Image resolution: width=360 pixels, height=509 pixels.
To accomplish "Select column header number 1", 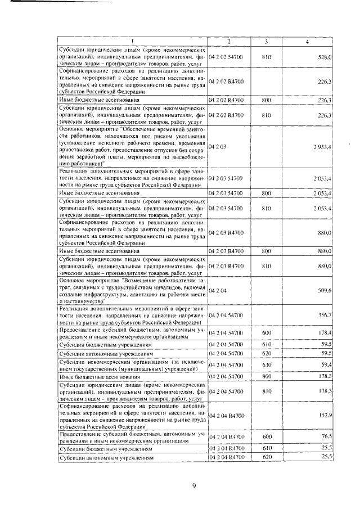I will tap(132, 42).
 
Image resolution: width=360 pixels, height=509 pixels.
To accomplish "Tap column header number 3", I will tap(266, 42).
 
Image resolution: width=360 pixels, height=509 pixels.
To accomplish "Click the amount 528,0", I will tap(325, 57).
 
